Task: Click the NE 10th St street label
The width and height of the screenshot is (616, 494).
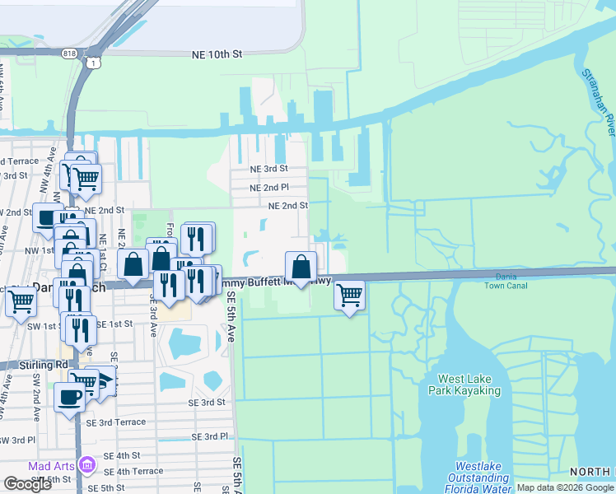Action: point(217,54)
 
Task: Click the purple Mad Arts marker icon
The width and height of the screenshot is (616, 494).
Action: point(87,467)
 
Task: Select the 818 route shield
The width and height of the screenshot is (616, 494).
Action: point(68,53)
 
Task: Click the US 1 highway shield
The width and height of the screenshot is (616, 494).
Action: point(96,63)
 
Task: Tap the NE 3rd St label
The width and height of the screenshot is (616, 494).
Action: point(269,169)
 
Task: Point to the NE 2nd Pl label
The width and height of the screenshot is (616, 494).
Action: point(270,187)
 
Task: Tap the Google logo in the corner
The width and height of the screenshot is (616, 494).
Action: point(28,484)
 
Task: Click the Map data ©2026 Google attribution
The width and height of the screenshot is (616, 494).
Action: point(565,487)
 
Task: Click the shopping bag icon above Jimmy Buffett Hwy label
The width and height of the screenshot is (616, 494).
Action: point(301,266)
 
